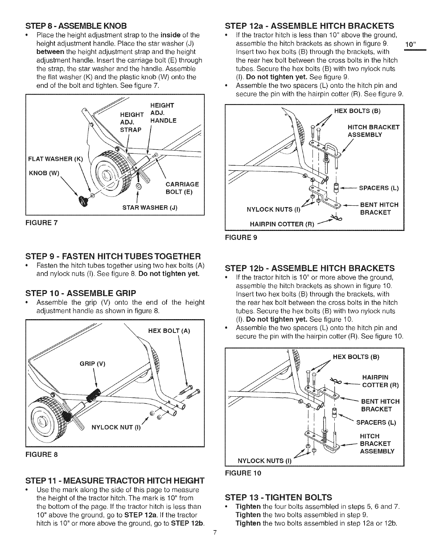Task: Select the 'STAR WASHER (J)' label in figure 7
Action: click(x=150, y=208)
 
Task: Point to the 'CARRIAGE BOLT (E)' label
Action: click(x=182, y=188)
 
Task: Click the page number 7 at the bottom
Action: click(x=215, y=543)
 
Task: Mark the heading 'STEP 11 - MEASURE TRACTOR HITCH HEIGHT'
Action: click(x=114, y=480)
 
